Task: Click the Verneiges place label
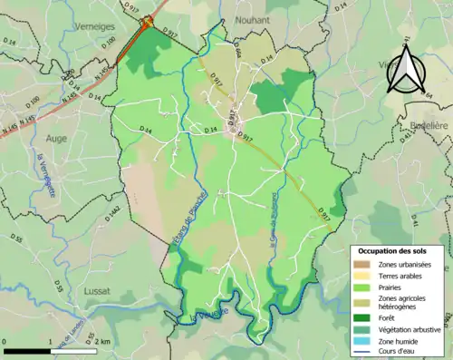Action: tap(97, 26)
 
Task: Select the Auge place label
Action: tap(56, 138)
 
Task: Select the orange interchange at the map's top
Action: tap(146, 26)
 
